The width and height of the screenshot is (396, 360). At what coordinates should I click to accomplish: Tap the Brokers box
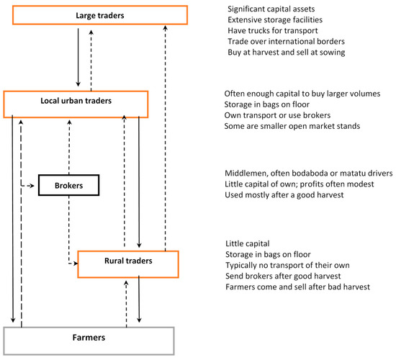point(68,185)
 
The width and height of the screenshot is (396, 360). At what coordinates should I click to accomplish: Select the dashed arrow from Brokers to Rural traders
point(68,238)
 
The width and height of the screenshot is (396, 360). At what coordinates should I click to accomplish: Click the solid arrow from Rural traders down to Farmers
point(139,302)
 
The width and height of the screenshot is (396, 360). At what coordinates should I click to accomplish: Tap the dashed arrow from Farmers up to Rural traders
point(127,302)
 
